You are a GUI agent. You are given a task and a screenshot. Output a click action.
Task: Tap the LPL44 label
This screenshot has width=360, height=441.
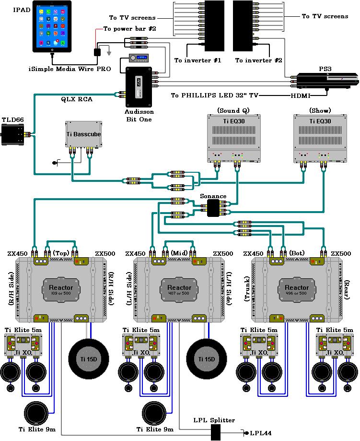[x=260, y=433]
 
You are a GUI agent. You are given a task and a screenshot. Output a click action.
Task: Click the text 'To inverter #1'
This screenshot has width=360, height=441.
[x=197, y=60]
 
